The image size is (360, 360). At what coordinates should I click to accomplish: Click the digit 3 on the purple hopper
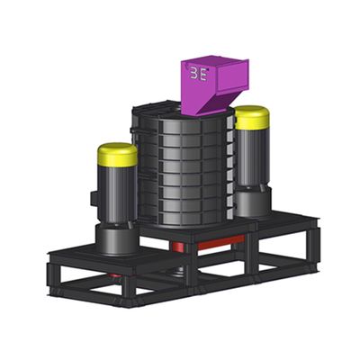[x=193, y=74]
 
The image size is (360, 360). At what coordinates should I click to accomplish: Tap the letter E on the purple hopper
[x=203, y=75]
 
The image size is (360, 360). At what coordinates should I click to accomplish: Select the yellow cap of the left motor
[x=118, y=155]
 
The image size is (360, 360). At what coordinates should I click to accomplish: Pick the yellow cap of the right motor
[x=252, y=117]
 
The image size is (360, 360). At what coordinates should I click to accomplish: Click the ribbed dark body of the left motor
[x=118, y=195]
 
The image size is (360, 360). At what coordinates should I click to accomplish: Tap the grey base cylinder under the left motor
[x=117, y=240]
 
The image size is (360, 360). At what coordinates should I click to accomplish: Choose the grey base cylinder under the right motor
[x=253, y=202]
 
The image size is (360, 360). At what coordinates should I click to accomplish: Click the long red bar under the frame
[x=221, y=242]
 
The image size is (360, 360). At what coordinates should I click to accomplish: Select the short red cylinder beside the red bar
[x=179, y=247]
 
